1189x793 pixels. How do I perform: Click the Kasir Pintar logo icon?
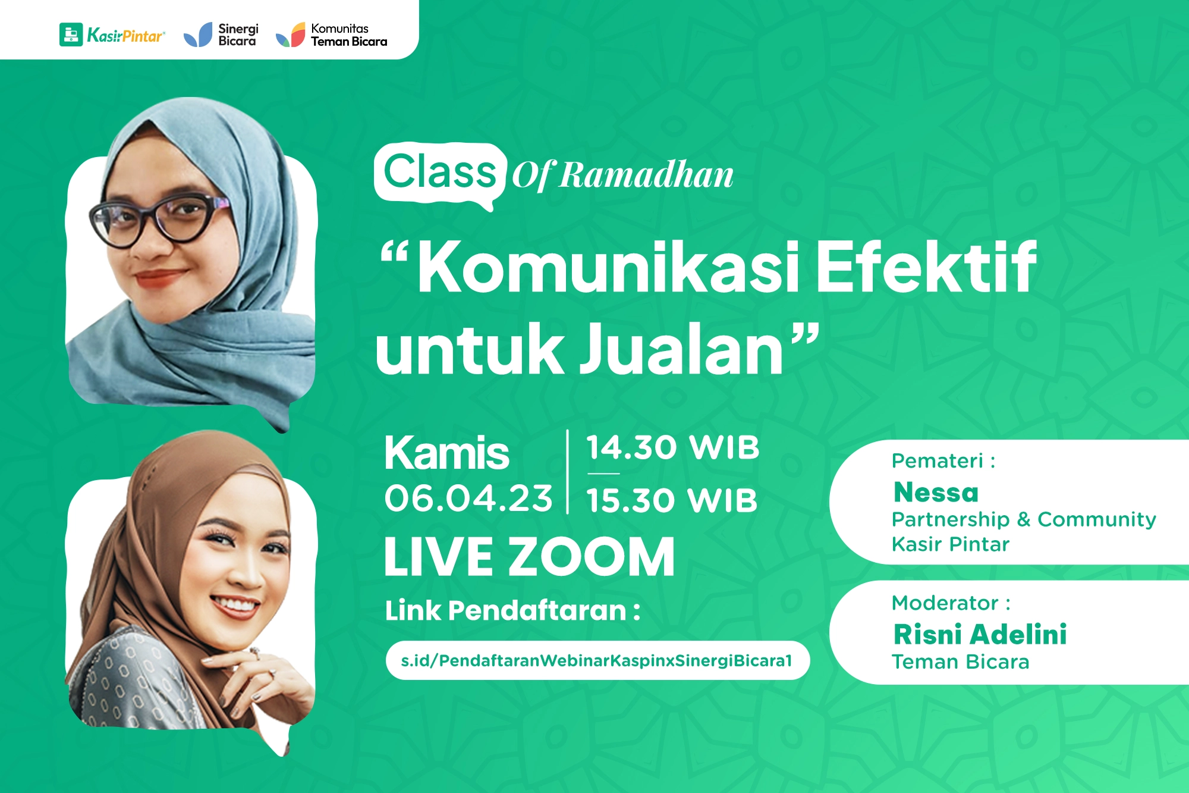71,35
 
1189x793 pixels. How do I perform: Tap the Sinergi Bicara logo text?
238,35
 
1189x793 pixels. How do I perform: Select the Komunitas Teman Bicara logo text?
348,35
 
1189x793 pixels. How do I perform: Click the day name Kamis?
446,453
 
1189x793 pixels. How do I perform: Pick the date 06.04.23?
468,498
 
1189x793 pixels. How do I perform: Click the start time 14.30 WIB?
672,447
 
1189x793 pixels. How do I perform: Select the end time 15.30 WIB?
672,500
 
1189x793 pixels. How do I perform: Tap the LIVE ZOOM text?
529,557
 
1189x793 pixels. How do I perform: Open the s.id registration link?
597,660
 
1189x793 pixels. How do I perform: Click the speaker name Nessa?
936,493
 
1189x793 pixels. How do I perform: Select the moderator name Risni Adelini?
980,634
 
